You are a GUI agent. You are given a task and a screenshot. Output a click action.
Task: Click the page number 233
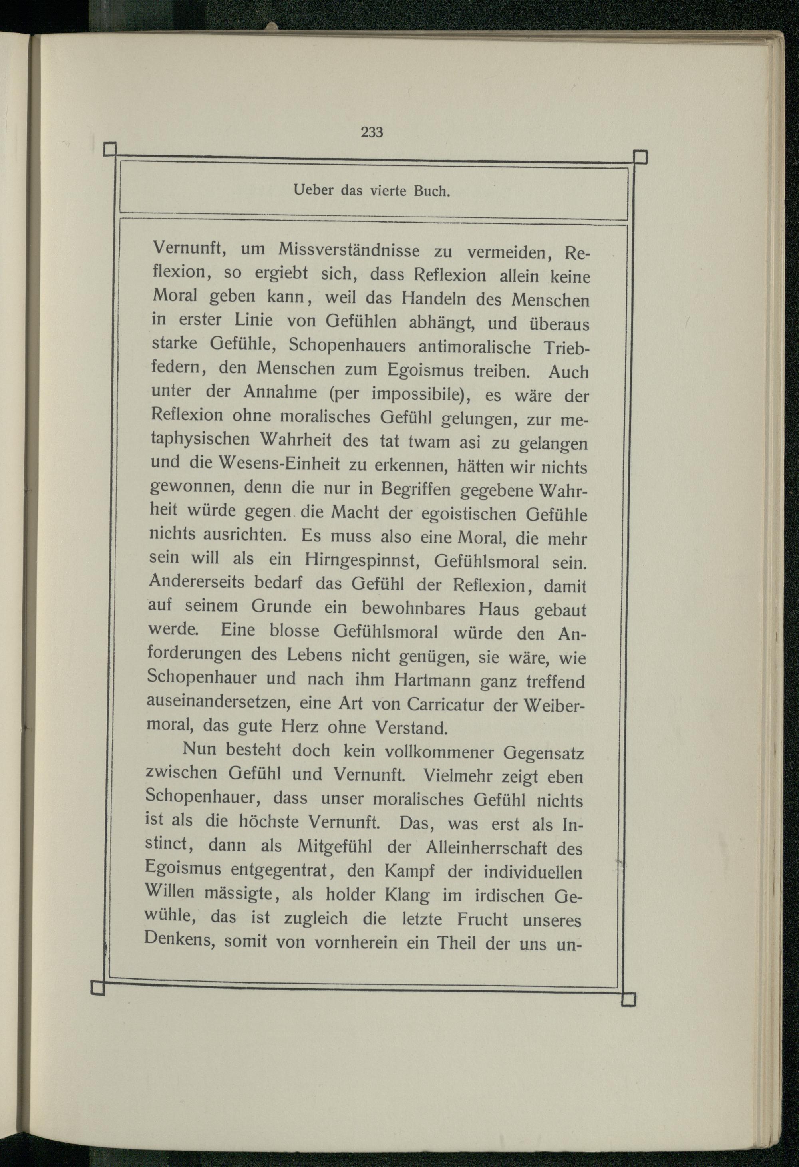pos(372,132)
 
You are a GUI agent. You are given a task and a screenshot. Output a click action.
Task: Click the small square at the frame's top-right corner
pos(640,157)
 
